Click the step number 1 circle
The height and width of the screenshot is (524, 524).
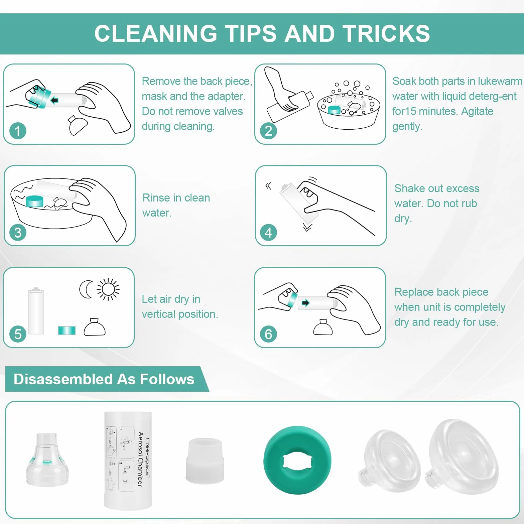coord(18,131)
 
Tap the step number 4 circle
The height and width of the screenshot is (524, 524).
coord(268,232)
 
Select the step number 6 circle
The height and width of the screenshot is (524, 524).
coord(268,334)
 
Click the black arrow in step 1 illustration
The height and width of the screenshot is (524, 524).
coord(54,100)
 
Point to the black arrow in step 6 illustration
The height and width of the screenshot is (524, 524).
coord(305,303)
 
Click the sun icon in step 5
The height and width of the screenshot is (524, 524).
coord(108,289)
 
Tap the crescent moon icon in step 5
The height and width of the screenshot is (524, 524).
coord(86,289)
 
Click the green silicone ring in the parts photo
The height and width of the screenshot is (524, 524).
coord(297,460)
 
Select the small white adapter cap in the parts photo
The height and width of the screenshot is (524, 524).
coord(205,461)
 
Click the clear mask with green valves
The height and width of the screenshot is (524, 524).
coord(47,460)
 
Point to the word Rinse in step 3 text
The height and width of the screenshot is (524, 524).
coord(156,198)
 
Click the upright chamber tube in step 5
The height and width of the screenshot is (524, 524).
coord(36,311)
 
